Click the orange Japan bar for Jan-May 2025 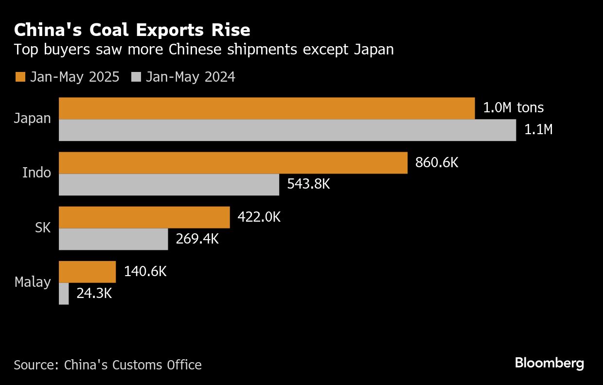pos(266,108)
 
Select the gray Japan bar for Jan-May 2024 pos(287,130)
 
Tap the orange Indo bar pos(233,163)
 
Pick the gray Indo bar pos(169,185)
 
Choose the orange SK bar pos(144,217)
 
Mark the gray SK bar pos(113,239)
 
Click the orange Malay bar pos(87,272)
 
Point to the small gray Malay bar pos(64,294)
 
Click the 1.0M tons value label pos(513,108)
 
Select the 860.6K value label pos(436,162)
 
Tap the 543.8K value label pos(308,184)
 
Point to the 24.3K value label pos(94,293)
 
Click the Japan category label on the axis pos(33,119)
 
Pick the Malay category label pos(33,282)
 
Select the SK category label pos(43,227)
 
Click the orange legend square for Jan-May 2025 pos(20,77)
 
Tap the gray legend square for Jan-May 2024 pos(137,77)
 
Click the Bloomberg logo pos(549,363)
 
